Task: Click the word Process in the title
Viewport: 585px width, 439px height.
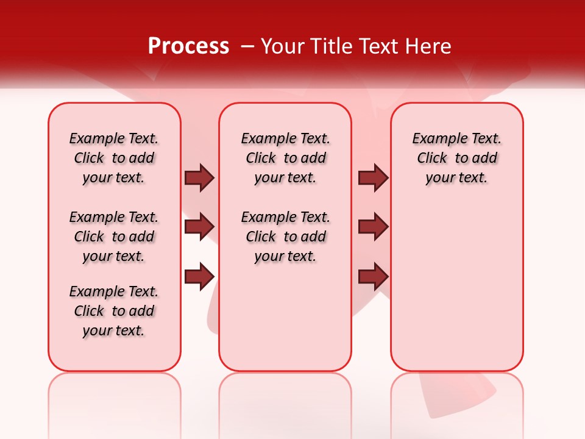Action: tap(188, 46)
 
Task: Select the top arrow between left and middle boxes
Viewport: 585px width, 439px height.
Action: tap(199, 177)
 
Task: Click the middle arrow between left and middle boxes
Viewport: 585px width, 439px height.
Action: tap(199, 227)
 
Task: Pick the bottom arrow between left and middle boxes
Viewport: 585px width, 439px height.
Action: tap(199, 276)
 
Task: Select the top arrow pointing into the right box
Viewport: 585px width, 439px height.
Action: tap(373, 177)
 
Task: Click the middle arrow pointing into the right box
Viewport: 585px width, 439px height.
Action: tap(373, 227)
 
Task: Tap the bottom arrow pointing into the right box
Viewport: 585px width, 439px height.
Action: tap(373, 276)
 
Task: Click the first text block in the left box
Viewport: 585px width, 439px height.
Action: tap(114, 158)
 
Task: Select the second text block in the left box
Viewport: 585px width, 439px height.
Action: tap(114, 237)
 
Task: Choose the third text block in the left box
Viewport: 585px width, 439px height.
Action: tap(114, 311)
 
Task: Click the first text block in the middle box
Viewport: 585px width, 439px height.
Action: tap(285, 158)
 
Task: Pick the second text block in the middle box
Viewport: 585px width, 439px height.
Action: tap(285, 237)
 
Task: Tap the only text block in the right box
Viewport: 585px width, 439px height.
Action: tap(456, 158)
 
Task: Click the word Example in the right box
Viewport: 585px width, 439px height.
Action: tap(436, 139)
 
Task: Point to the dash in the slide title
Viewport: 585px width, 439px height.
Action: tap(247, 46)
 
